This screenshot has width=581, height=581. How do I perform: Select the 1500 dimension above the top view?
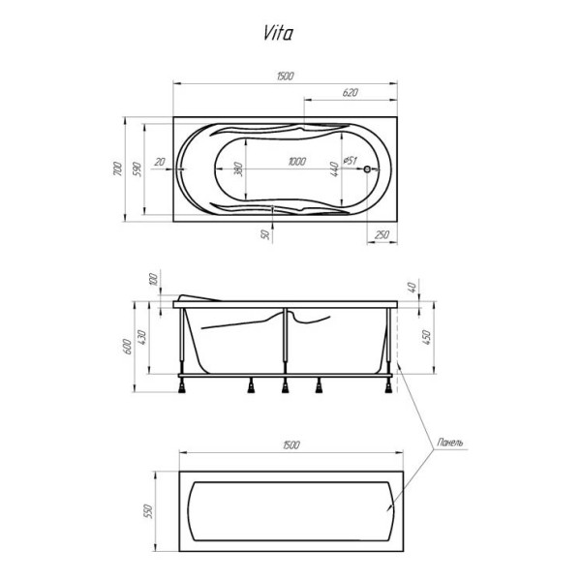285,76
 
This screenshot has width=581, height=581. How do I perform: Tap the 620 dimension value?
350,92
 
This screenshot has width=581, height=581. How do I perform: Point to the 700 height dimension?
116,171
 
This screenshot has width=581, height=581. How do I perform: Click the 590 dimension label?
138,170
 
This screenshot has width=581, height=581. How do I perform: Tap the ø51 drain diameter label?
352,161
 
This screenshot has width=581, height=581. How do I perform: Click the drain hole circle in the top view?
367,169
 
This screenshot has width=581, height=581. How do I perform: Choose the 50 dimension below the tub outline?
264,234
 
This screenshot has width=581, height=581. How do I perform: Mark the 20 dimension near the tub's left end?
160,162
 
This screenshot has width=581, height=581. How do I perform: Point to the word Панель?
448,443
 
